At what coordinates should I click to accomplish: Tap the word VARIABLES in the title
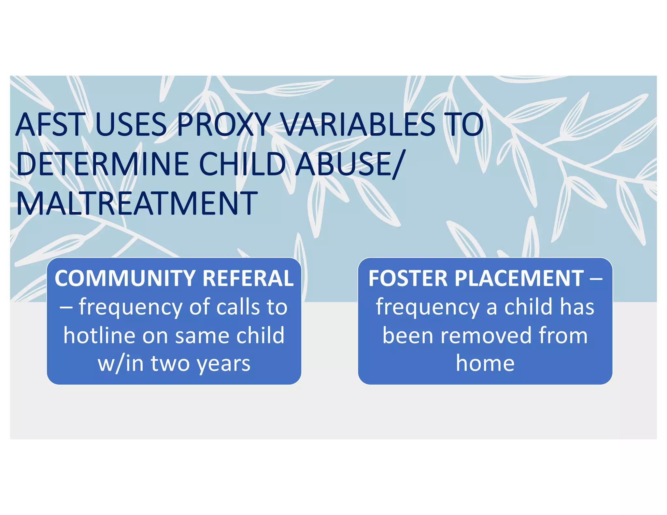click(x=358, y=125)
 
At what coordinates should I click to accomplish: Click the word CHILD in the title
click(x=242, y=164)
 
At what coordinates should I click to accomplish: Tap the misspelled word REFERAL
click(x=248, y=279)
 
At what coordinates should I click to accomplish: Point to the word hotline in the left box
click(x=99, y=335)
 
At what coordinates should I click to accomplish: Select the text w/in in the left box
click(x=121, y=363)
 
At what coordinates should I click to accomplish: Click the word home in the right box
click(x=485, y=363)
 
